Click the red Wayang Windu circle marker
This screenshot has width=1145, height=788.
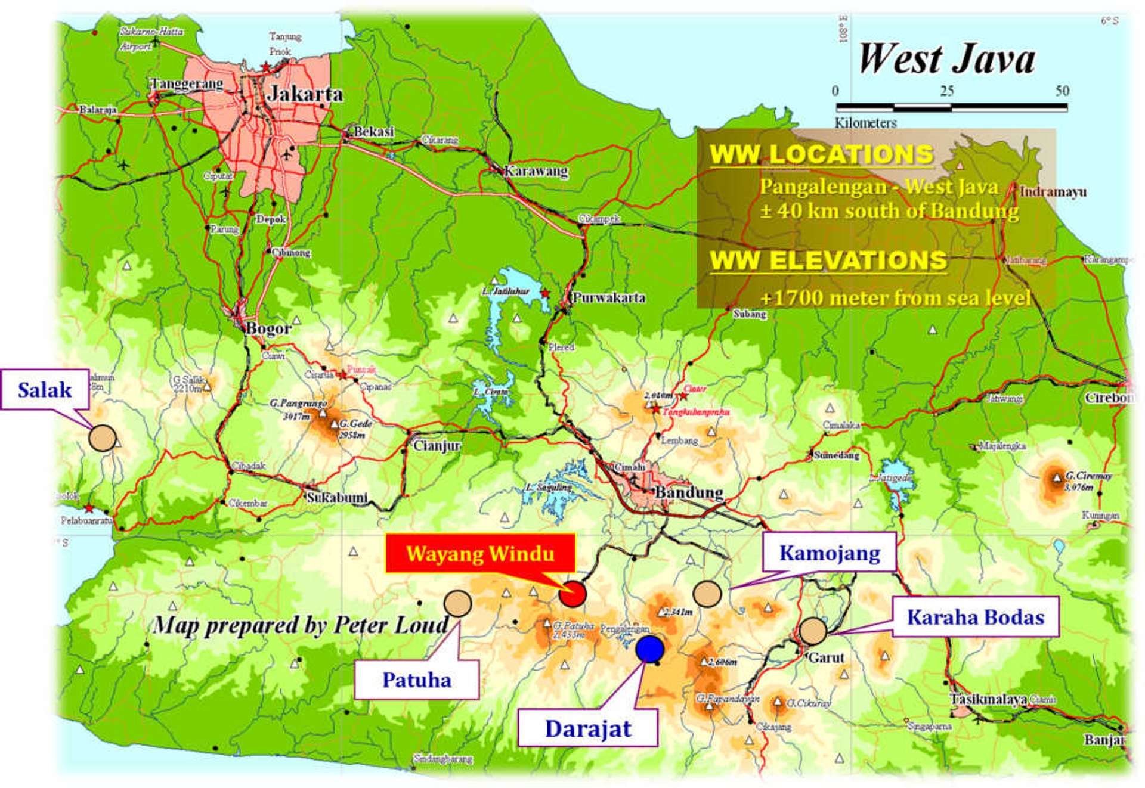coord(572,593)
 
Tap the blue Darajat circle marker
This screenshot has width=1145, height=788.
coord(649,649)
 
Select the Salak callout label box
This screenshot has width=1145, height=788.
coord(45,390)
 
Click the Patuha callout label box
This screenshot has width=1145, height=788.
coord(417,680)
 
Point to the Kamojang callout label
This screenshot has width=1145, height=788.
coord(830,553)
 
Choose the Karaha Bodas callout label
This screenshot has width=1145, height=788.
coord(975,617)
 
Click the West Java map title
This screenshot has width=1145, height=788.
coord(946,59)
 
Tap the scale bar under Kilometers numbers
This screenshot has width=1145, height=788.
coord(951,107)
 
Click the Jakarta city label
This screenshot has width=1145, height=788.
coord(305,94)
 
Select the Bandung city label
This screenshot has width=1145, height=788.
coord(689,492)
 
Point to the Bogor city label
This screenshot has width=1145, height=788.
coord(269,328)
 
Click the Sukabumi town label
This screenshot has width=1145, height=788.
coord(337,497)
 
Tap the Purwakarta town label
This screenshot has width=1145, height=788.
coord(609,297)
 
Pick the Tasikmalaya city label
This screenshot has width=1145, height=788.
coord(988,699)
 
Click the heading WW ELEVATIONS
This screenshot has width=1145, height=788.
coord(828,260)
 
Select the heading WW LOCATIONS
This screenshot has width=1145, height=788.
coord(821,154)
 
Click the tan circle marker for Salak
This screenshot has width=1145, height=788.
coord(103,438)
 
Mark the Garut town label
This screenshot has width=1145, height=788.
coord(826,657)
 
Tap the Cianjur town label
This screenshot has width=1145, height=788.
coord(437,445)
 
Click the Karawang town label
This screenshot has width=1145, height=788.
coord(536,171)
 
